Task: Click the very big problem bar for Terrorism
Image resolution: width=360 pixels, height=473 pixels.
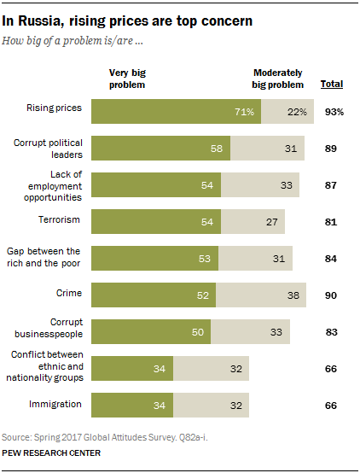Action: [x=154, y=222]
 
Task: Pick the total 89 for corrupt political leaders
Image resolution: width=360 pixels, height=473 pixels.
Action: [x=331, y=149]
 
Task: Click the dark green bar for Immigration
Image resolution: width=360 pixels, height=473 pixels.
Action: [x=132, y=405]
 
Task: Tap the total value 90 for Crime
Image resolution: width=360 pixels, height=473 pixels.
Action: [x=331, y=295]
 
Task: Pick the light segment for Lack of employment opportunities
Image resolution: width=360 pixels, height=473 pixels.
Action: [x=259, y=185]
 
